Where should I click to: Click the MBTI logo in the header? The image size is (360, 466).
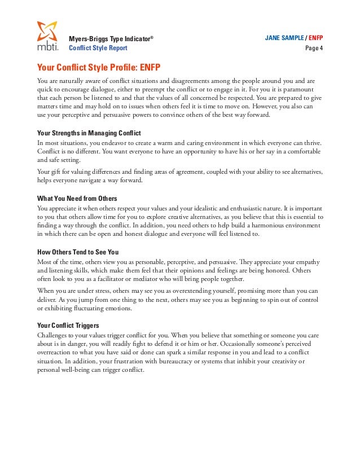tap(47, 36)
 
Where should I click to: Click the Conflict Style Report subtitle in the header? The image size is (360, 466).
tap(98, 48)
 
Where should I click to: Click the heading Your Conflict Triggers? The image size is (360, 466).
tap(68, 325)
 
